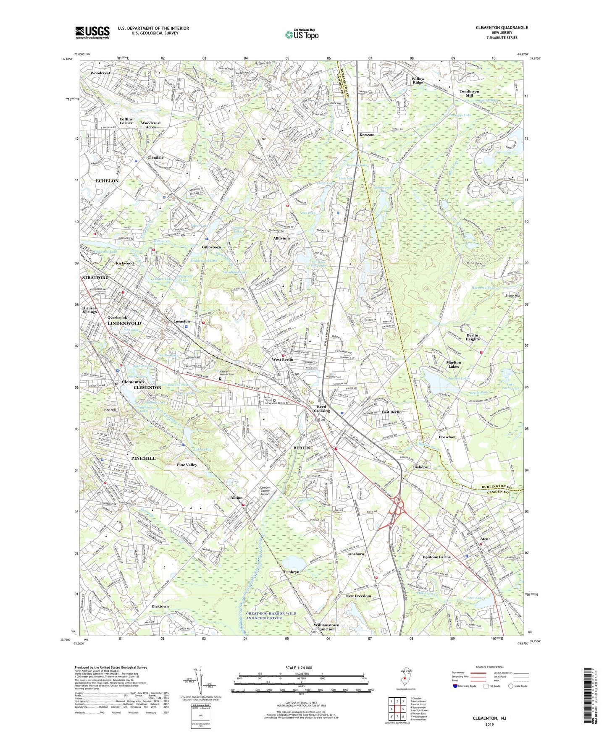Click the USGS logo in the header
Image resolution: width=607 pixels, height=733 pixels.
[x=92, y=32]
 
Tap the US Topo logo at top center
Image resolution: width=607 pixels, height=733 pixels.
[x=301, y=34]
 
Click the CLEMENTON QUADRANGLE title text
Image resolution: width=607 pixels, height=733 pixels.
[x=502, y=28]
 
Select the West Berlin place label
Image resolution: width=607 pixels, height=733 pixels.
[x=282, y=360]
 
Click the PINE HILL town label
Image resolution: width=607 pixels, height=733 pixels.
[x=143, y=458]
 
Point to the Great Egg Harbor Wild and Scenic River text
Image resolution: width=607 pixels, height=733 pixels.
[x=271, y=615]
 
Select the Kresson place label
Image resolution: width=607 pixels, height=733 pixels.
[x=367, y=135]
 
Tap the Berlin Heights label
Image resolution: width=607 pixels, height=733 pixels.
[x=472, y=337]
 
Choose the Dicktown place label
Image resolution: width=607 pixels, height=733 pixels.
[x=160, y=606]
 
